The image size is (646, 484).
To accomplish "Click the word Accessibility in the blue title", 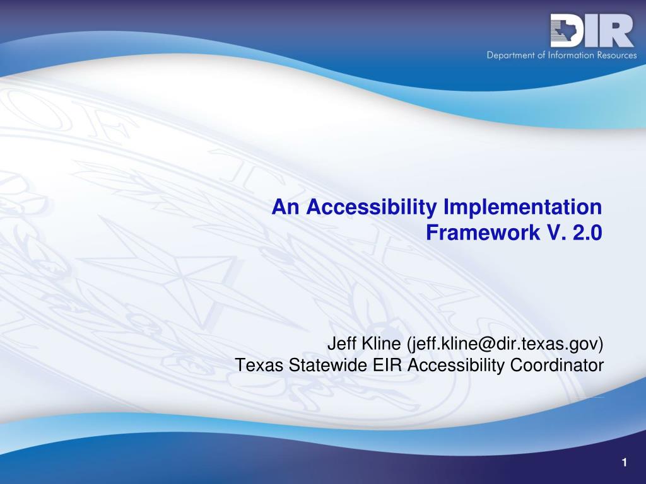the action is click(x=371, y=207).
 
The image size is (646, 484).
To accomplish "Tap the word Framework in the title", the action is click(x=483, y=233).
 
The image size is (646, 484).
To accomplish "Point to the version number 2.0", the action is click(x=587, y=233).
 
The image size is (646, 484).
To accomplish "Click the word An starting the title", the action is click(x=285, y=207).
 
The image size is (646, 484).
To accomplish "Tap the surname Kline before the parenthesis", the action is click(x=381, y=343).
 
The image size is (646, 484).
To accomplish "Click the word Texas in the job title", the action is click(x=259, y=365).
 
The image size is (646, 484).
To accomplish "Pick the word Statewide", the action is click(x=328, y=365).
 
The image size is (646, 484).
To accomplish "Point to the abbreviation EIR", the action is click(x=387, y=365).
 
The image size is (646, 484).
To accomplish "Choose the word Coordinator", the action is click(x=557, y=365).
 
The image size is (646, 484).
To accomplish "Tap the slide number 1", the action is click(x=625, y=463).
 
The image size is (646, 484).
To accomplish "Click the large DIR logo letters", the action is click(x=592, y=30).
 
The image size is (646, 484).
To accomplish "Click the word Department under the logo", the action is click(x=511, y=55).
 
